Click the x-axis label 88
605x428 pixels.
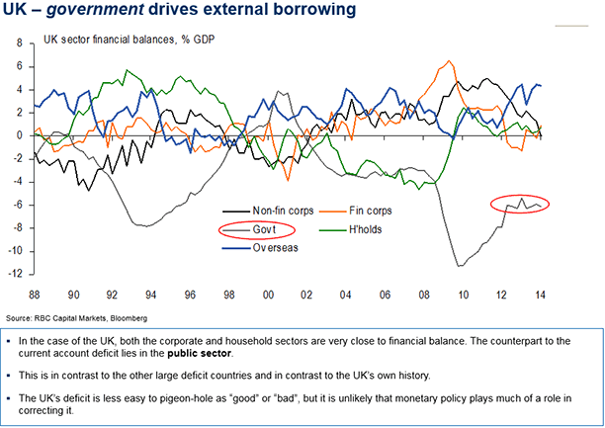click(35, 296)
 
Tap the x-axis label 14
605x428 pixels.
click(539, 296)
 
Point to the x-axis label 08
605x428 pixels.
click(422, 296)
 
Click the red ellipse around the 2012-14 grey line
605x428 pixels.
click(520, 204)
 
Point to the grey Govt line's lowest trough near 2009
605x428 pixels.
click(458, 265)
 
